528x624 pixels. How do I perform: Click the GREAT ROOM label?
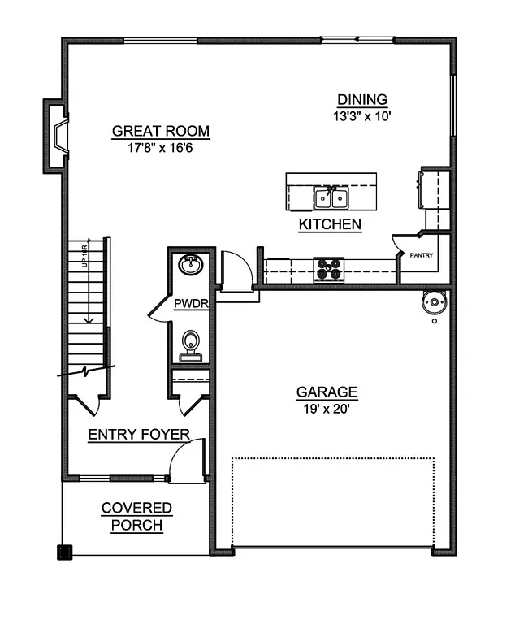point(160,131)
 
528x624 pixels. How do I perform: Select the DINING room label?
point(362,100)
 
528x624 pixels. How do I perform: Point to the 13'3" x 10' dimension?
point(362,115)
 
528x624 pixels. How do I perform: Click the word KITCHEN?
point(330,224)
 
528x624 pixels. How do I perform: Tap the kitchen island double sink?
point(331,197)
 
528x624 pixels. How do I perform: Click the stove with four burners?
point(329,269)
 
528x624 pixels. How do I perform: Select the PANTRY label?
point(422,255)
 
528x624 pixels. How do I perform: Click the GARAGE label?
point(327,393)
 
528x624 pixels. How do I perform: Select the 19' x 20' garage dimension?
point(327,409)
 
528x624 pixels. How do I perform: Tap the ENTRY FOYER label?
point(139,435)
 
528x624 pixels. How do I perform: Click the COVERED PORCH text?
point(136,517)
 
